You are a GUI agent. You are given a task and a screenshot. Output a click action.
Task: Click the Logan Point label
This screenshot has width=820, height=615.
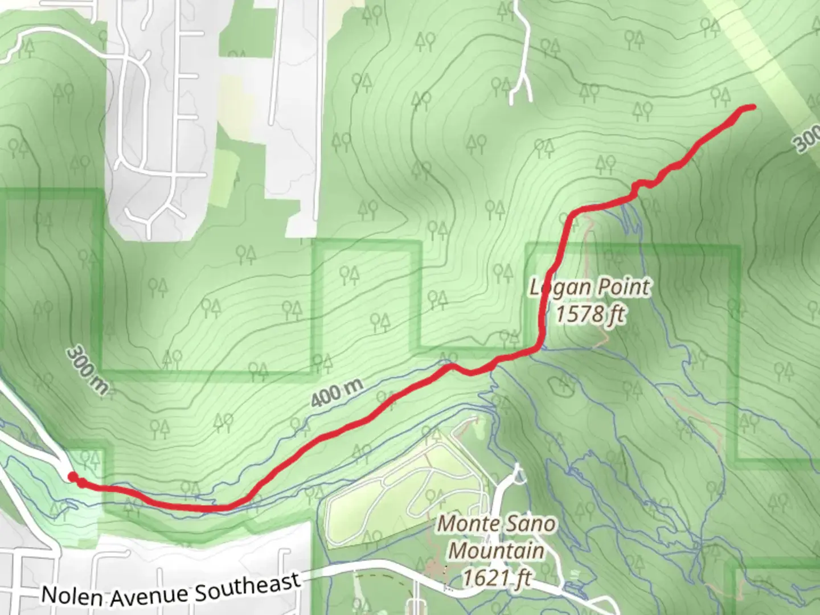click(x=589, y=287)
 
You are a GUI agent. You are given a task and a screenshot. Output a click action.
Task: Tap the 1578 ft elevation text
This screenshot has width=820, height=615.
click(x=590, y=314)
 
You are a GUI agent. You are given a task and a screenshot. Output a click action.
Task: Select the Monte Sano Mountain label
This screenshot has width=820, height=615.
click(x=496, y=537)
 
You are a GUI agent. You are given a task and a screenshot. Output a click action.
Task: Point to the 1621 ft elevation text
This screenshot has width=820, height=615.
click(x=496, y=578)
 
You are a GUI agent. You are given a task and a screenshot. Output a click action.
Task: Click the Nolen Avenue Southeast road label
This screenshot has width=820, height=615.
click(x=171, y=589)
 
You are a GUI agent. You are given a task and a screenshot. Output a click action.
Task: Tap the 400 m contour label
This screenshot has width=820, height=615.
click(x=337, y=392)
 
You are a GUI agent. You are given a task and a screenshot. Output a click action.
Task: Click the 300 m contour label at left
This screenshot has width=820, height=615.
click(x=87, y=370)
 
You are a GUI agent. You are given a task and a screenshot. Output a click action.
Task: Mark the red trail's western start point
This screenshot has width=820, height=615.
click(x=72, y=477)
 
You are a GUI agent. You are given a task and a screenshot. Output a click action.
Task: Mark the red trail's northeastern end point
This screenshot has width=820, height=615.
click(x=753, y=106)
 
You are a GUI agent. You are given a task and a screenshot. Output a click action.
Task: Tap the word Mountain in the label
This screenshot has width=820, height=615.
click(x=496, y=551)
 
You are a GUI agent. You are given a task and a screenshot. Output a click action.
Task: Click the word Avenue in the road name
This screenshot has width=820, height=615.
click(x=148, y=592)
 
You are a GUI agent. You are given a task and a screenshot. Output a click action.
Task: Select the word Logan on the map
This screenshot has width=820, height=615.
click(x=559, y=288)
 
